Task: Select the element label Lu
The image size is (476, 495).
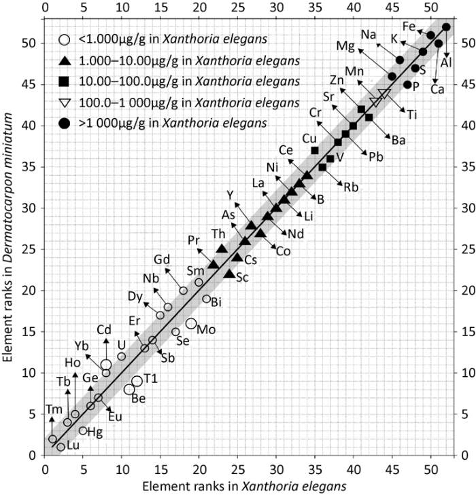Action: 73,446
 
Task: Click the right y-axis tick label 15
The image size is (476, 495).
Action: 464,331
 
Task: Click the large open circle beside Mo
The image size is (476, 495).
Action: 191,324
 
